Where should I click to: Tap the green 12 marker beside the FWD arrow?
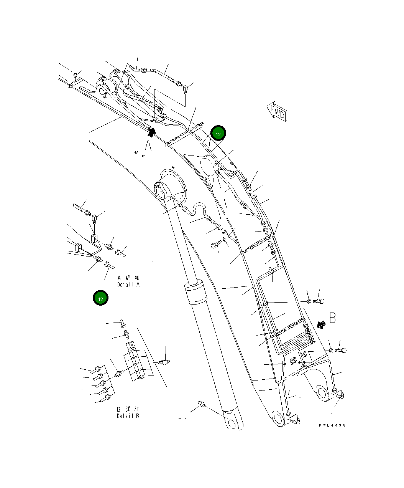click(218, 134)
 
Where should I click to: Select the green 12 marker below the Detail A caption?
click(100, 298)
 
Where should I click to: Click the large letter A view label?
click(148, 146)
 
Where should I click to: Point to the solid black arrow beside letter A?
click(152, 132)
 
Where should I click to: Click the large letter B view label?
click(332, 318)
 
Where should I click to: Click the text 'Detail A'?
click(128, 285)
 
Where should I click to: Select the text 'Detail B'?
click(128, 416)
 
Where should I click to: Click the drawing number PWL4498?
click(332, 425)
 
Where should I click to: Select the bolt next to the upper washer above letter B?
click(319, 301)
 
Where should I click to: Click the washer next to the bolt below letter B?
click(331, 350)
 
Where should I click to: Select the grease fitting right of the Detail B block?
click(165, 362)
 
